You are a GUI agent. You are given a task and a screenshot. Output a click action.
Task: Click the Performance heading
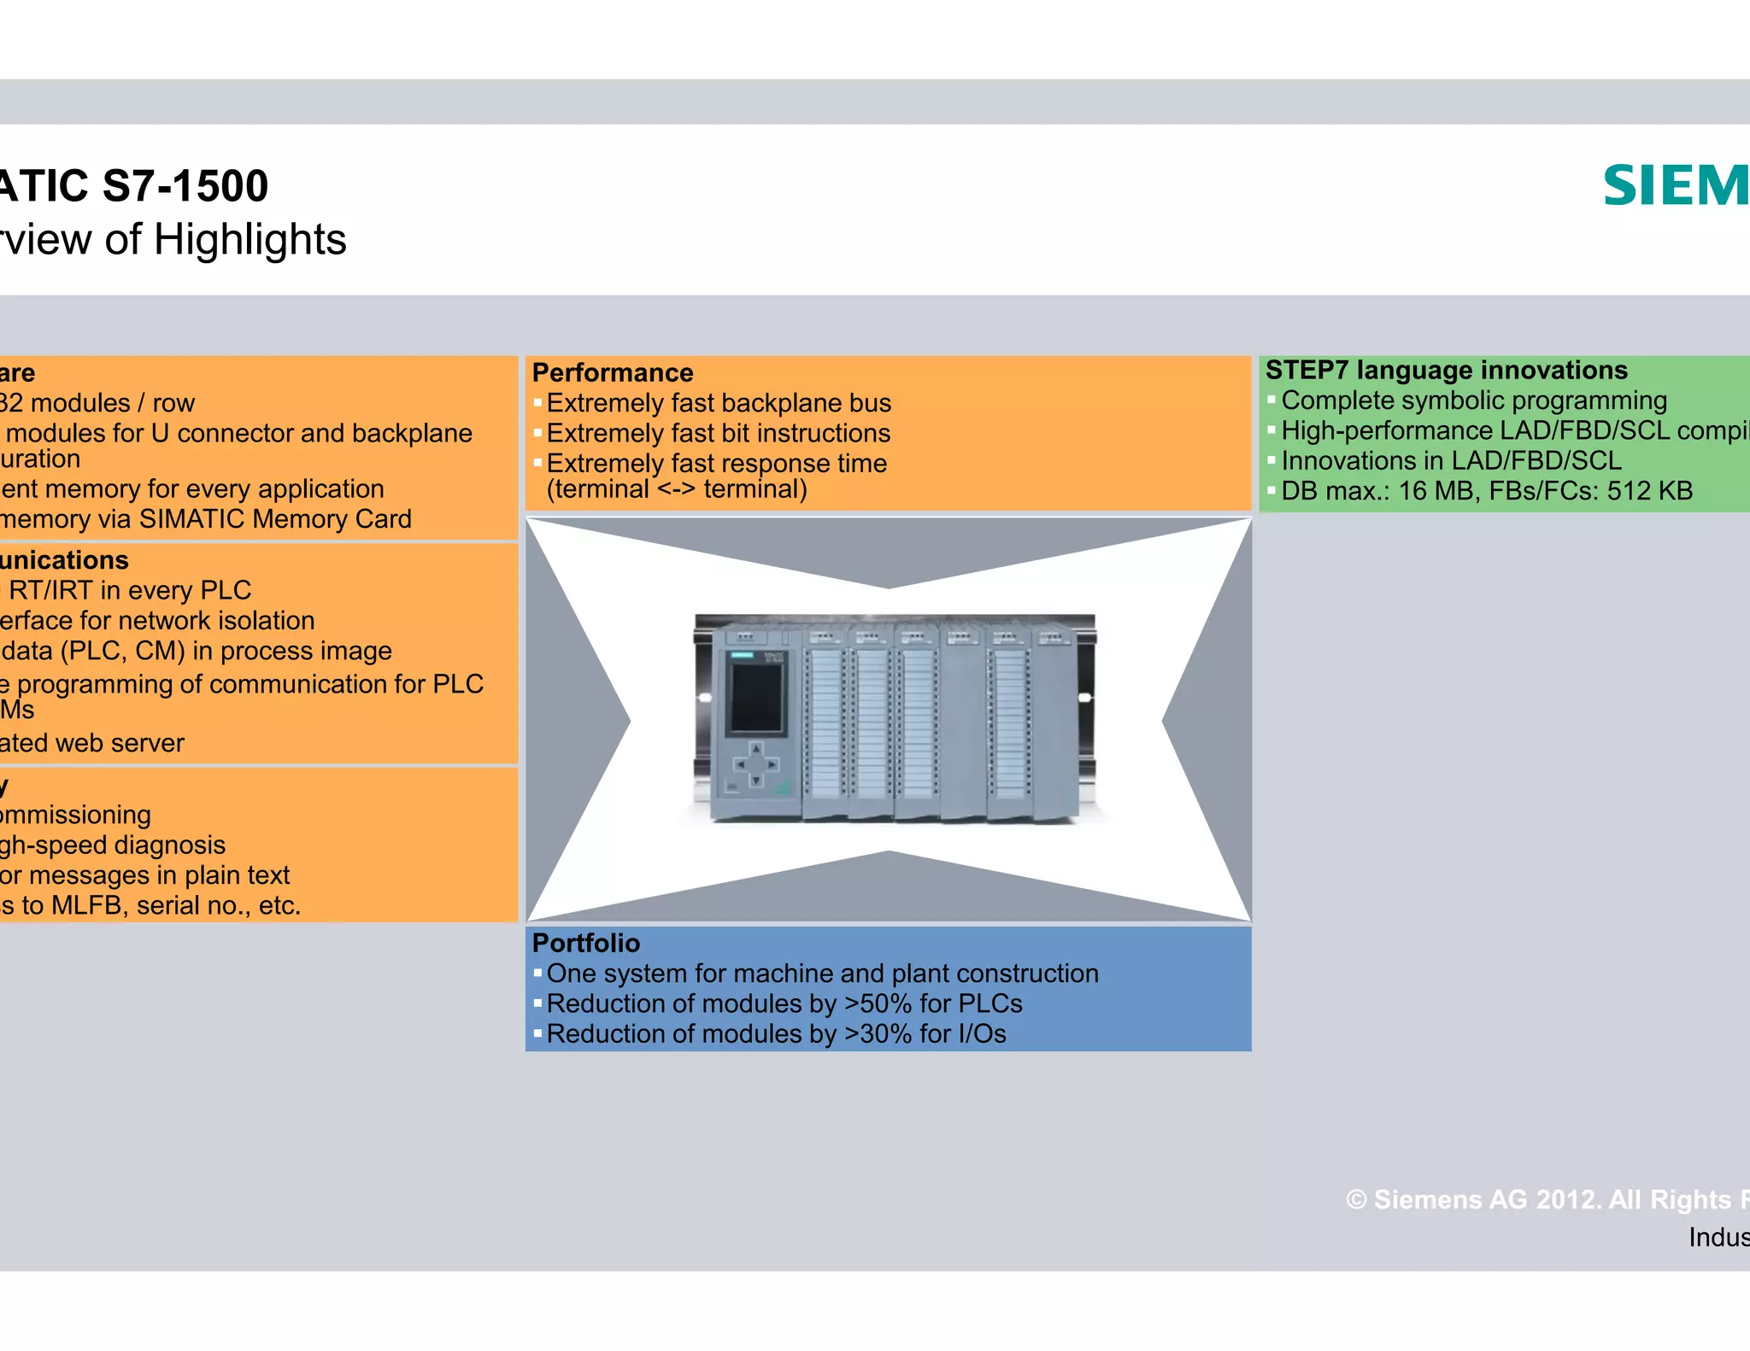(612, 373)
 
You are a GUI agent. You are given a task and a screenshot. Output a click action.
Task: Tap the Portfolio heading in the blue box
(585, 943)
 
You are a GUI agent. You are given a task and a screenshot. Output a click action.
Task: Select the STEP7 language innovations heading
(1446, 371)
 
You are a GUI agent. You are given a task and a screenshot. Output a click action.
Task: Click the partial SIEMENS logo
(1675, 187)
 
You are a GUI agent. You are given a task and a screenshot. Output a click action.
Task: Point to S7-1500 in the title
(185, 186)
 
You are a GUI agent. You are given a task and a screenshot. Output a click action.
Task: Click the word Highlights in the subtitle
(250, 240)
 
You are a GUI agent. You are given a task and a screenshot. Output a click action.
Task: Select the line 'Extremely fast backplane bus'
(718, 403)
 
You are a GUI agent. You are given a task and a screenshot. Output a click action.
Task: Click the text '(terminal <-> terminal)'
(676, 489)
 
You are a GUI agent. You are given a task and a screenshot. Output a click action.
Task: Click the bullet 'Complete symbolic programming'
(1473, 401)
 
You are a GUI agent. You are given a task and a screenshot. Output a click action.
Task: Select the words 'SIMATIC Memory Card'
(275, 519)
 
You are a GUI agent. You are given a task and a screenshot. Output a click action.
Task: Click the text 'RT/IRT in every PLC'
(130, 591)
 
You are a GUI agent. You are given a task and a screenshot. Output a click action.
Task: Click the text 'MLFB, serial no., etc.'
(176, 906)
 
